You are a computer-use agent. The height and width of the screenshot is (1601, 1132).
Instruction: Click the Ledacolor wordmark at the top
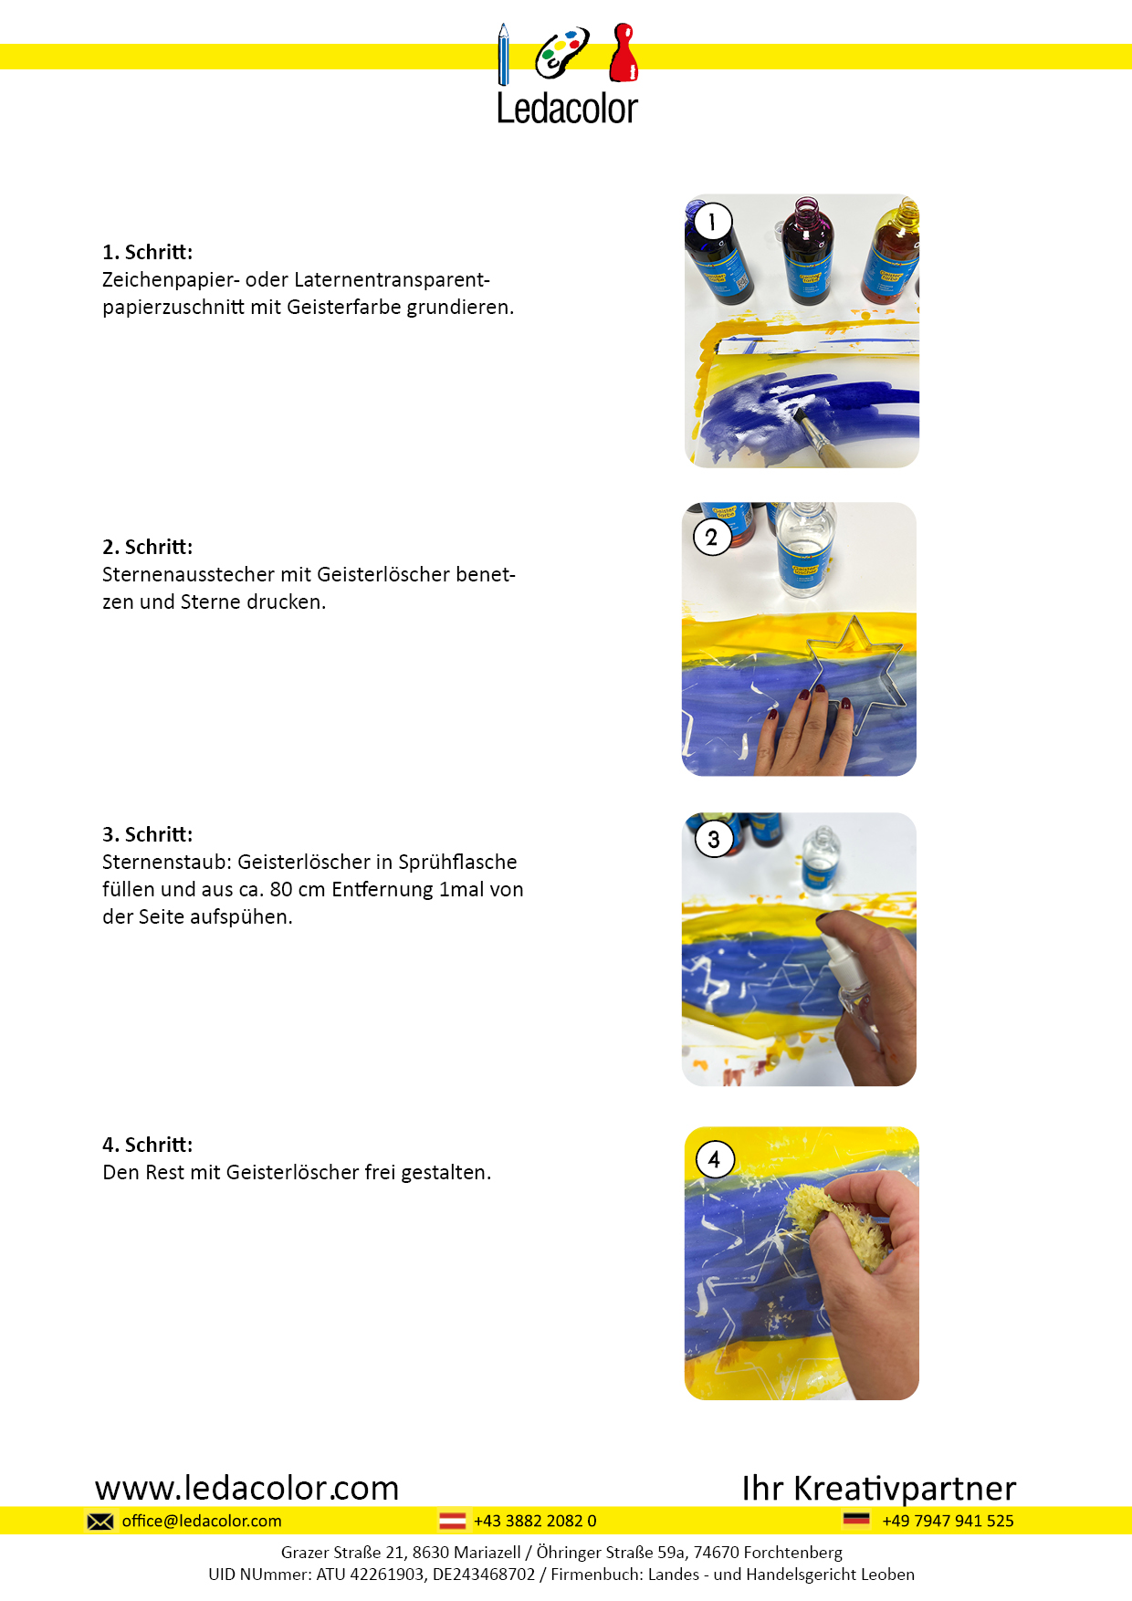[567, 109]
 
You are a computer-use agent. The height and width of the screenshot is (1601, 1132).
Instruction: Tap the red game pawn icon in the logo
[624, 52]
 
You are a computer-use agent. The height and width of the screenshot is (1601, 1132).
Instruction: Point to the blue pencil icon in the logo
[503, 55]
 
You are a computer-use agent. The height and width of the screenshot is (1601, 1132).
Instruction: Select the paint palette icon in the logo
[561, 53]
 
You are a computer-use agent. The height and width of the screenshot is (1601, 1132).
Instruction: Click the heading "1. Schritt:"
[148, 252]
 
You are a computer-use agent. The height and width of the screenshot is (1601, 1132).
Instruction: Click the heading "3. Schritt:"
[148, 834]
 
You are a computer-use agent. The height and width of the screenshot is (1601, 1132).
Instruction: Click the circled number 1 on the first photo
[712, 221]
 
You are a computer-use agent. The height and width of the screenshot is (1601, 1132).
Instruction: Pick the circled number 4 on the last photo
[715, 1159]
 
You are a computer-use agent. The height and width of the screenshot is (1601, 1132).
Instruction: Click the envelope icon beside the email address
[100, 1521]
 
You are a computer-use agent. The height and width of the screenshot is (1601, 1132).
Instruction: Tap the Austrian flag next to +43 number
[453, 1521]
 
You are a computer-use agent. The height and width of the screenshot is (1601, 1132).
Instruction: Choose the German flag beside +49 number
[856, 1520]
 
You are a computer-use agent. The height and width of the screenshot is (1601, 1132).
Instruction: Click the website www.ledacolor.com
[247, 1488]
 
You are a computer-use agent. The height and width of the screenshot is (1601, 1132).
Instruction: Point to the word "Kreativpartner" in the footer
[905, 1489]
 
